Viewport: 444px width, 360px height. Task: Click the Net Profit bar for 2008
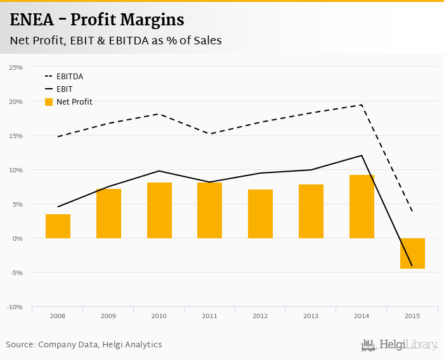coord(58,226)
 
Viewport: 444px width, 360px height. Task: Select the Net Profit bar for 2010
coord(159,210)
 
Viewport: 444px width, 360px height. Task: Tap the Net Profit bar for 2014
coord(362,207)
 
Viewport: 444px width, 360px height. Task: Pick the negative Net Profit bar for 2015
coord(412,254)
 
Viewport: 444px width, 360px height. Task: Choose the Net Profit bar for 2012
coord(260,214)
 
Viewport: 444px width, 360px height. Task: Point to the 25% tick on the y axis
coord(16,67)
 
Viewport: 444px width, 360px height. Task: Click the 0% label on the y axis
coord(17,238)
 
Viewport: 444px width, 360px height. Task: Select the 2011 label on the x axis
coord(209,316)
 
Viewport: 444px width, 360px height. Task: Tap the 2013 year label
coord(311,316)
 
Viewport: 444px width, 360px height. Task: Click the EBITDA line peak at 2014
coord(362,105)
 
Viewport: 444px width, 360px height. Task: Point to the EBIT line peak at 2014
coord(362,155)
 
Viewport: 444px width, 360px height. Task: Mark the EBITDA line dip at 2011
coord(209,134)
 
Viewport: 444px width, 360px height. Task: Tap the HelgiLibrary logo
coord(400,345)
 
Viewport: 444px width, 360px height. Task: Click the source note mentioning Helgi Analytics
coord(84,345)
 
